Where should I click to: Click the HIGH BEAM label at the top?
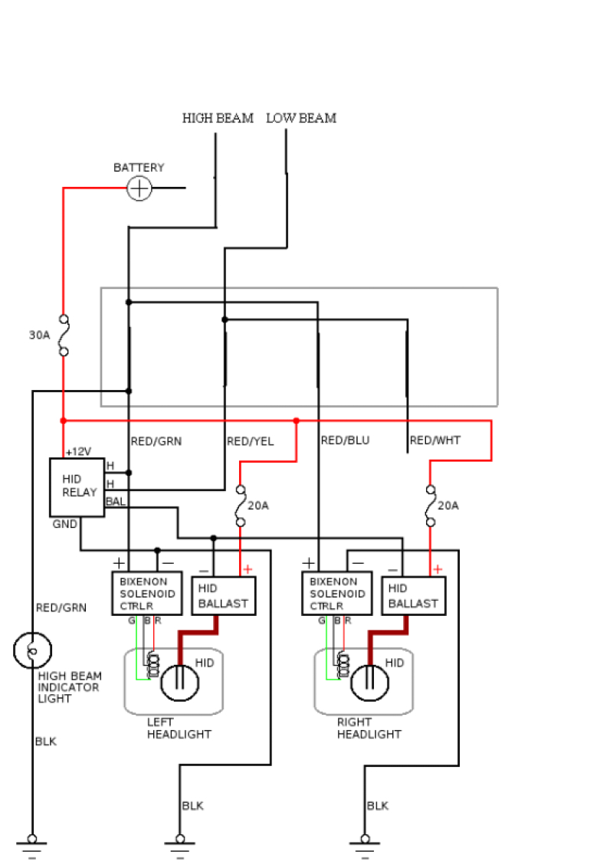tap(218, 119)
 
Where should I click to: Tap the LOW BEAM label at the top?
tap(301, 119)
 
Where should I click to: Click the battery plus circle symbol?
tap(139, 188)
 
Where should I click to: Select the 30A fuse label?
tap(40, 335)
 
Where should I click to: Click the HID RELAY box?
tap(77, 487)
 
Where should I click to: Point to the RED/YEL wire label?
tap(250, 441)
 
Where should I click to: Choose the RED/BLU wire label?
tap(345, 441)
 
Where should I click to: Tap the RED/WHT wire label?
tap(435, 441)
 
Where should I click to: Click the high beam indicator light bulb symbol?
tap(32, 650)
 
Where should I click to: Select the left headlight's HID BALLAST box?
tap(223, 596)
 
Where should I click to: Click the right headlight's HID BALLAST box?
tap(413, 596)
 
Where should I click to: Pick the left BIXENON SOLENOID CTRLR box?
tap(147, 593)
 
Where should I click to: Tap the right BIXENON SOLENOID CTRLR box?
tap(337, 593)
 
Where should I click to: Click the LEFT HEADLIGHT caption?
tap(179, 728)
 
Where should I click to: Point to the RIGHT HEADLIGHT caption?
tap(369, 728)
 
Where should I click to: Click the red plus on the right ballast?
tap(437, 569)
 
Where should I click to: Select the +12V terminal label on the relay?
tap(78, 452)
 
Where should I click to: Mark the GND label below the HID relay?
tap(64, 525)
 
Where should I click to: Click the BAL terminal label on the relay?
tap(116, 501)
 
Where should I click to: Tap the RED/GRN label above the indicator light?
tap(61, 608)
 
